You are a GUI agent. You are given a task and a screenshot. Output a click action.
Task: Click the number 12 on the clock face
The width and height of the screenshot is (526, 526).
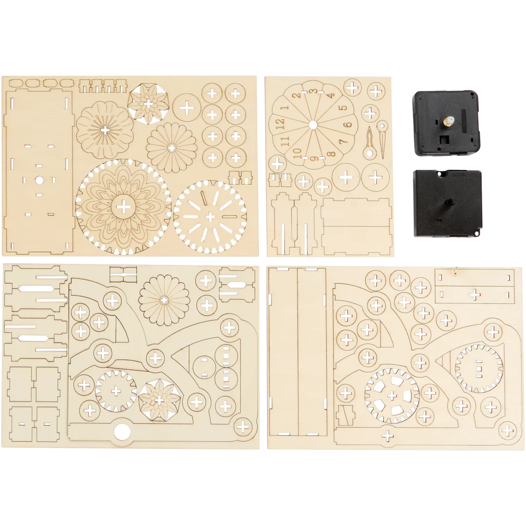pyautogui.click(x=281, y=123)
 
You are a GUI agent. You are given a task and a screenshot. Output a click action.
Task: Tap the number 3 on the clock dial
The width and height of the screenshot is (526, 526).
pyautogui.click(x=313, y=91)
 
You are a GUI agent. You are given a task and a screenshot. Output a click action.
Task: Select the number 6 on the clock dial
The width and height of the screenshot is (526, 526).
pyautogui.click(x=349, y=125)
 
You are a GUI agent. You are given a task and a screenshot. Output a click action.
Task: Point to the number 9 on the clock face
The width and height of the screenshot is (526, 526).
pyautogui.click(x=314, y=157)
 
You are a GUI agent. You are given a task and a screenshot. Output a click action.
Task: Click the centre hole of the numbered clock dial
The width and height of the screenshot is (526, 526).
pyautogui.click(x=313, y=125)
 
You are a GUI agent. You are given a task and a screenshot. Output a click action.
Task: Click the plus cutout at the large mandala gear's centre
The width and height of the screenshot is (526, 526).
pyautogui.click(x=124, y=207)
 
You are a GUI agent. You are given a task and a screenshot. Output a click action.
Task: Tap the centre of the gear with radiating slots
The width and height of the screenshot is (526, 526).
pyautogui.click(x=210, y=217)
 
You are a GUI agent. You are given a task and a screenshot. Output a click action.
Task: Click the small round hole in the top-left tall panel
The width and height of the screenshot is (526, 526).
pyautogui.click(x=39, y=180)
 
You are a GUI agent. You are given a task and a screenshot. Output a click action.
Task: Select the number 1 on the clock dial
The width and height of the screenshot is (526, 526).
pyautogui.click(x=284, y=108)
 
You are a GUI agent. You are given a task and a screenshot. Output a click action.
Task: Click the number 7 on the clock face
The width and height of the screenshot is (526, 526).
pyautogui.click(x=343, y=142)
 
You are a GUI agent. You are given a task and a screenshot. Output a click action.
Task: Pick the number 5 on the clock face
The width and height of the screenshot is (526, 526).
pyautogui.click(x=342, y=108)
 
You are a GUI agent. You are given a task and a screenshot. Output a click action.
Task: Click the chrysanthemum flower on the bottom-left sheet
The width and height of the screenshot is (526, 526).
pyautogui.click(x=164, y=300)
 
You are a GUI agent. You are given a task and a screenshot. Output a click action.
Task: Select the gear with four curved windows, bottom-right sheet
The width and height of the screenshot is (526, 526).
pyautogui.click(x=392, y=395)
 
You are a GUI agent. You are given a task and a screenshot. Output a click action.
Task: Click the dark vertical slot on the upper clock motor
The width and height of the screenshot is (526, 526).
pyautogui.click(x=464, y=120)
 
